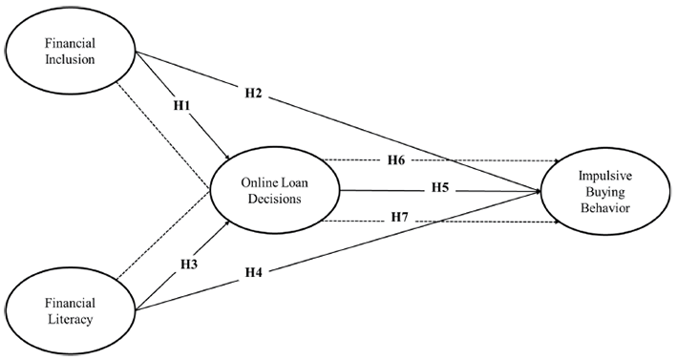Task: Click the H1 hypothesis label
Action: [181, 105]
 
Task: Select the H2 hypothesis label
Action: [253, 93]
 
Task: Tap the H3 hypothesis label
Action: [189, 265]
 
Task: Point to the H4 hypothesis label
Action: [254, 272]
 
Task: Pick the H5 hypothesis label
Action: [440, 188]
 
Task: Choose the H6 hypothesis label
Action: [396, 160]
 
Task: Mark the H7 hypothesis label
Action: [399, 217]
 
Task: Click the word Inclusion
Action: [70, 59]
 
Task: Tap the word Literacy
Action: [69, 320]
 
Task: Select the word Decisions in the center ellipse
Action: [275, 199]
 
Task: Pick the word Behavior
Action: [604, 207]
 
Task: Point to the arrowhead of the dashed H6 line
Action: [560, 161]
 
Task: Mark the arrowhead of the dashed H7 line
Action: [560, 222]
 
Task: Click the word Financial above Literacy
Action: [70, 304]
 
